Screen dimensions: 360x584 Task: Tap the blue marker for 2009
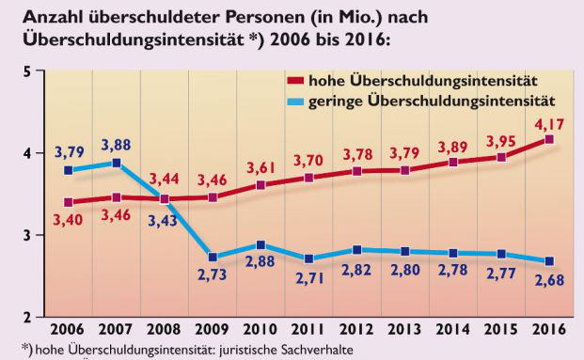(x=213, y=257)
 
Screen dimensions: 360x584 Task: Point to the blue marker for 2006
(x=69, y=170)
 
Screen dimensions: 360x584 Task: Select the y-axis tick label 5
(x=27, y=71)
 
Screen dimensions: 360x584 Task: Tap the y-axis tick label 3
(x=27, y=234)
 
